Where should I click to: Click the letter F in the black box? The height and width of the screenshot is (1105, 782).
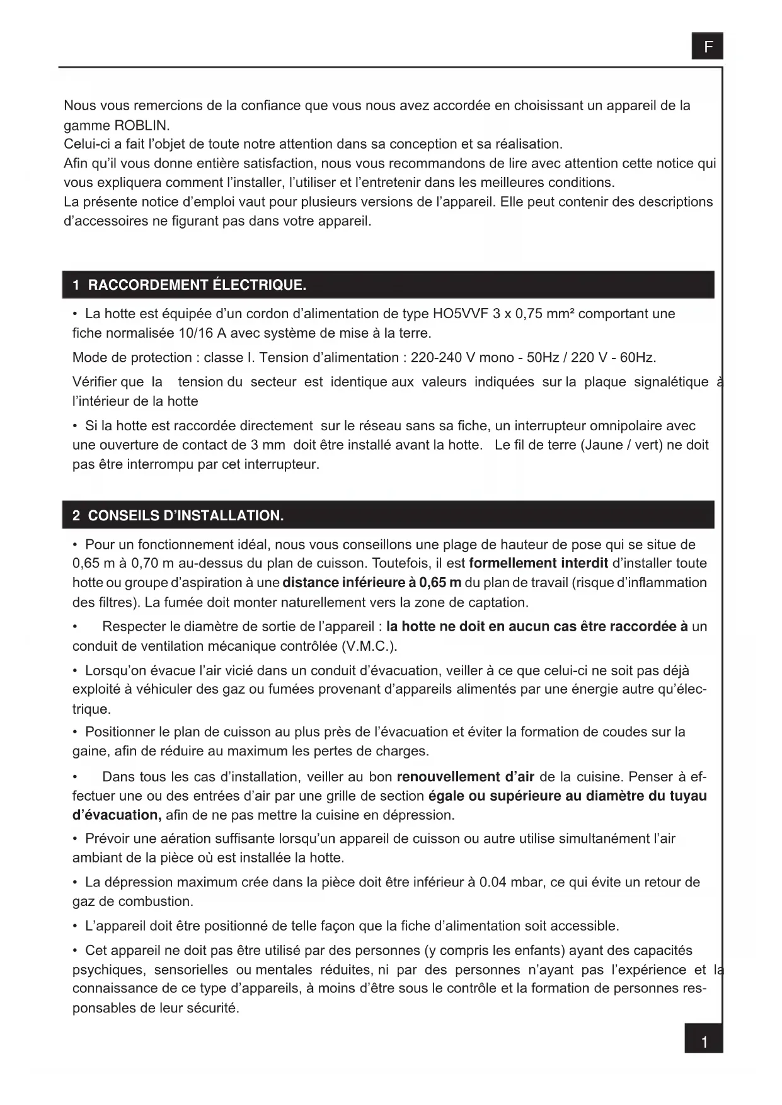click(708, 47)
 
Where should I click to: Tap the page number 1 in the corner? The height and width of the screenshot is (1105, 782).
click(704, 1043)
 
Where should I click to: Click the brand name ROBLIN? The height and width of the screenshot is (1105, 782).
click(142, 125)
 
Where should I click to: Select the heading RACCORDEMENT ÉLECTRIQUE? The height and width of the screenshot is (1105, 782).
click(197, 285)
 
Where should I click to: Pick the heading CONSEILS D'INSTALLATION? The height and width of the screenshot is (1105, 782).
click(185, 516)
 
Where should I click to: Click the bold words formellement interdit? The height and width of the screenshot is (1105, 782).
click(538, 563)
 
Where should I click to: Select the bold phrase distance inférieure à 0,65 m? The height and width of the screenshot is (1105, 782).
click(372, 583)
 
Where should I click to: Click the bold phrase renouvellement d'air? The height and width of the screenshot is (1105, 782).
click(465, 777)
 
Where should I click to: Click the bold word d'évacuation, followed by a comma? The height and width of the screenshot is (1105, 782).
click(117, 815)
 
